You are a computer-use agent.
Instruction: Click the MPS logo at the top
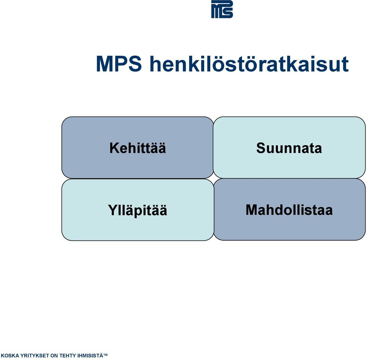point(222,9)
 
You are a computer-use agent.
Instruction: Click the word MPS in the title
point(119,64)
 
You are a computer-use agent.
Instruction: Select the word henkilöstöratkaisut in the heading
point(249,63)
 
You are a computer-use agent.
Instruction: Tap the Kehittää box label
point(138,148)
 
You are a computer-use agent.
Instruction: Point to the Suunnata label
point(289,148)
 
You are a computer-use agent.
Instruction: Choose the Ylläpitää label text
point(138,210)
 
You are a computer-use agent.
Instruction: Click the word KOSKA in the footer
point(10,355)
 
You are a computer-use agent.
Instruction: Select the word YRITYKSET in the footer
point(35,355)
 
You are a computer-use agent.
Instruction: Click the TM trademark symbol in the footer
point(106,355)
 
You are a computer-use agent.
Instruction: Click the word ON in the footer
point(54,355)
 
